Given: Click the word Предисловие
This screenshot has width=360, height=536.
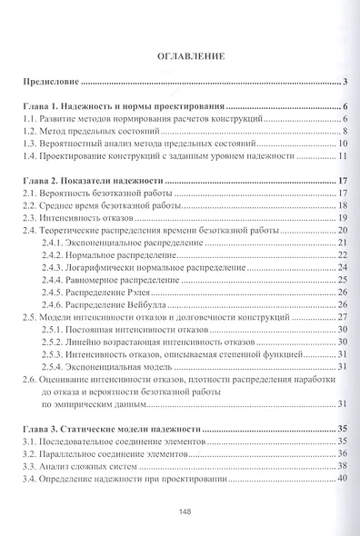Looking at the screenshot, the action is [x=54, y=83].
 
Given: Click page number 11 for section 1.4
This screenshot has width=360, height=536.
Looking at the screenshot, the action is [x=343, y=156].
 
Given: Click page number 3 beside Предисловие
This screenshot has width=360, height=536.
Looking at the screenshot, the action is [x=346, y=83].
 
